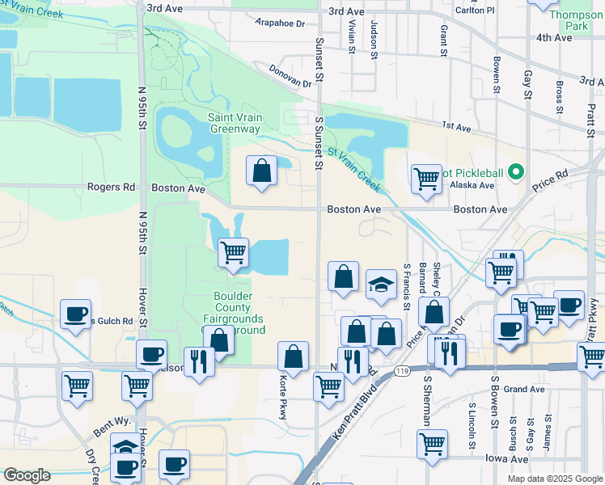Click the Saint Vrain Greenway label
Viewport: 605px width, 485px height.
pos(235,123)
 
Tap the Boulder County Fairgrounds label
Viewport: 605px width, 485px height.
pos(239,308)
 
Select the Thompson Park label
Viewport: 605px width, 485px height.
pos(576,21)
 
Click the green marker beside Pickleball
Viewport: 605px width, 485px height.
pos(517,172)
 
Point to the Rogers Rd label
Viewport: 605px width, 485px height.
pos(111,188)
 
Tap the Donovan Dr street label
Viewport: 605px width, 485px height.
pos(290,77)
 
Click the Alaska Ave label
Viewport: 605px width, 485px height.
pos(472,185)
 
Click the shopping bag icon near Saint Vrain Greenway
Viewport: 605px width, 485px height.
pos(261,171)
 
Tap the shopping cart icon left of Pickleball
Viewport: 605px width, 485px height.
pos(425,179)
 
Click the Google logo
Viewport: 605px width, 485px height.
pos(26,475)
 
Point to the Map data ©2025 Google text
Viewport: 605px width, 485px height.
pos(554,479)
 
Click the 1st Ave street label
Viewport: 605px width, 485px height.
pos(455,128)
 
